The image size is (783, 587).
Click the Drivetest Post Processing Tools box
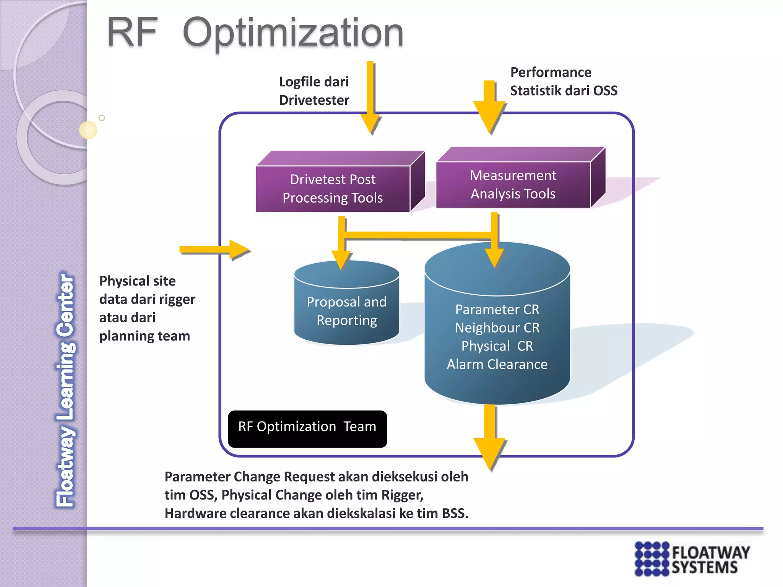click(333, 189)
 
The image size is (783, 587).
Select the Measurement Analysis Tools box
click(513, 185)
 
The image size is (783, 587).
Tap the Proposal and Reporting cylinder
click(346, 311)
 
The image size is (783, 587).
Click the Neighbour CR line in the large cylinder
click(497, 328)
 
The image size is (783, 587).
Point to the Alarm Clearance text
click(497, 365)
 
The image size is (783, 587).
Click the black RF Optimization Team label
click(307, 427)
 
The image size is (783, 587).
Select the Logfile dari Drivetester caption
click(314, 91)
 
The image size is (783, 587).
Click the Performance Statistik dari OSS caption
click(563, 81)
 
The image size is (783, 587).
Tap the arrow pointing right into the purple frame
click(214, 250)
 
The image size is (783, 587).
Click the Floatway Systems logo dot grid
click(652, 559)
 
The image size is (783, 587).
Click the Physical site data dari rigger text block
click(147, 308)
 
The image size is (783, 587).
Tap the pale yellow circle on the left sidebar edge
click(88, 130)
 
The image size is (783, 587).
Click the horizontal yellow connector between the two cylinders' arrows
click(419, 234)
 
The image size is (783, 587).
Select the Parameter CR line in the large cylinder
click(497, 310)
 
